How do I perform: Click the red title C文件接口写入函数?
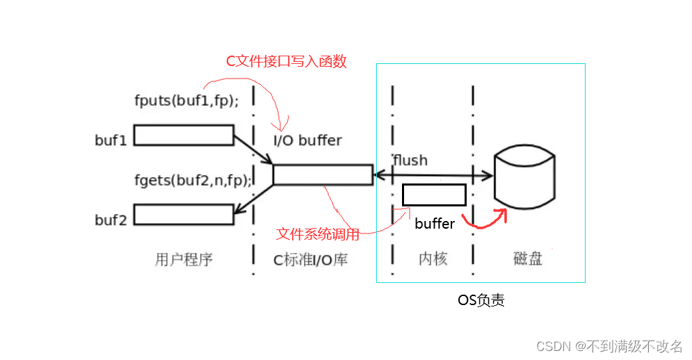point(287,61)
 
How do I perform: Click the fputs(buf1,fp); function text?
point(186,100)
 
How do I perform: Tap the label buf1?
point(111,140)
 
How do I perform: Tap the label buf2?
point(111,220)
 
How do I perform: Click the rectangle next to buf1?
point(183,135)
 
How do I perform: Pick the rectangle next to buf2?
point(183,215)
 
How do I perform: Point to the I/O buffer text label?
point(307,140)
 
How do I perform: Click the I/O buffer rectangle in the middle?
point(323,174)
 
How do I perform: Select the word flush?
point(410,160)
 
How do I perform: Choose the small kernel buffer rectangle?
point(434,195)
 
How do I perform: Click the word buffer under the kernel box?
point(435,224)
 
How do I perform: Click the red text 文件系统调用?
point(318,234)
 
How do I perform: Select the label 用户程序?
point(183,260)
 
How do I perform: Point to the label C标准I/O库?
point(310,260)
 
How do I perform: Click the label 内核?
point(433,260)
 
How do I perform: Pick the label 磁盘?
point(528,260)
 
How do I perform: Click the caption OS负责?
point(481,301)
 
